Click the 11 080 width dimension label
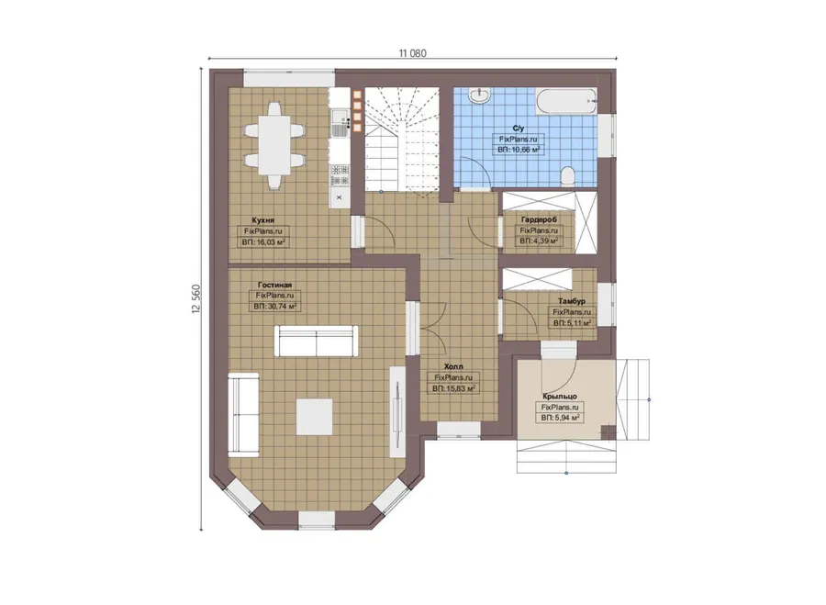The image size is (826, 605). (412, 53)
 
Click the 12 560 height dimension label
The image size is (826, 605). (196, 299)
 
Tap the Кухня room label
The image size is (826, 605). (262, 219)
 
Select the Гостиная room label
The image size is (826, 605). (274, 285)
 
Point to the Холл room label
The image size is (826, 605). (453, 366)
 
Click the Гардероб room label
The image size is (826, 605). (539, 219)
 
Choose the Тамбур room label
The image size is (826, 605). (572, 301)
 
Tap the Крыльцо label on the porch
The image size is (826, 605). (560, 396)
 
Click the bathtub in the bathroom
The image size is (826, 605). (566, 101)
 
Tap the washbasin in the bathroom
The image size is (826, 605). (480, 95)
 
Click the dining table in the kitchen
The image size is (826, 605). (273, 145)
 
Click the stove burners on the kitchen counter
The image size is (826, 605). (340, 175)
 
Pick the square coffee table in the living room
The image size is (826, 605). (315, 417)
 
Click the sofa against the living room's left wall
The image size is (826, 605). (243, 414)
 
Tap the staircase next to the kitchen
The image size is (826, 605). (403, 141)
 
